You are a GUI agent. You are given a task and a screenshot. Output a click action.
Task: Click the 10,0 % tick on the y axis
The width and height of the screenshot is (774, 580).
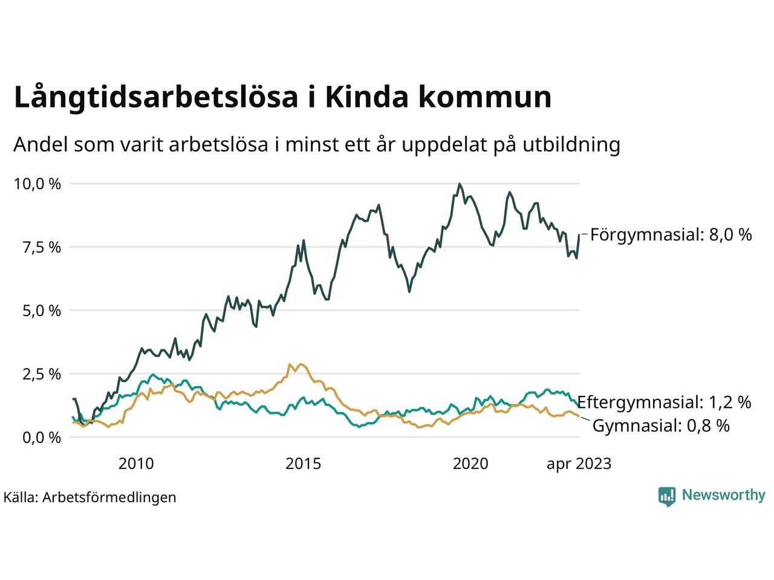coord(37,184)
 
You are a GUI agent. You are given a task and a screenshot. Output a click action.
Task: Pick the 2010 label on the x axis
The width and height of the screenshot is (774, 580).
coord(136,464)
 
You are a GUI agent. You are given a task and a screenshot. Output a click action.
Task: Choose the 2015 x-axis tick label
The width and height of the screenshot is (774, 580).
coord(304,464)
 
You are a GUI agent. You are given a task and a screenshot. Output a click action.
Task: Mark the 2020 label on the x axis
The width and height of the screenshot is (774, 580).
coord(470,464)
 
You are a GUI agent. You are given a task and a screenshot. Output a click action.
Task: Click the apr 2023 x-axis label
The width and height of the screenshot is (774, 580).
coord(579,464)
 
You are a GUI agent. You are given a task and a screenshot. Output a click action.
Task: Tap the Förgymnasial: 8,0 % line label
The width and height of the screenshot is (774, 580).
coord(671,234)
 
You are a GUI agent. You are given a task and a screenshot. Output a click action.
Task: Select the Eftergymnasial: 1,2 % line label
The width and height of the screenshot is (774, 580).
coord(664,402)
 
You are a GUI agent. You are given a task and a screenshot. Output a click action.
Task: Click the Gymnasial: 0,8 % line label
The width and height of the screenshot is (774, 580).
coord(661,426)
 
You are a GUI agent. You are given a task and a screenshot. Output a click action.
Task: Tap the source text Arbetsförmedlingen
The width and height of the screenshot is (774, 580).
coord(109,497)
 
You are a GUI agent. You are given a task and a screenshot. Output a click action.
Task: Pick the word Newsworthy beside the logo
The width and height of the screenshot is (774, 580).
coord(723,495)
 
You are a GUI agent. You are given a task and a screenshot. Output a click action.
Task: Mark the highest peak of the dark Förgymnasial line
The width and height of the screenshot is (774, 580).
coord(460,184)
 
